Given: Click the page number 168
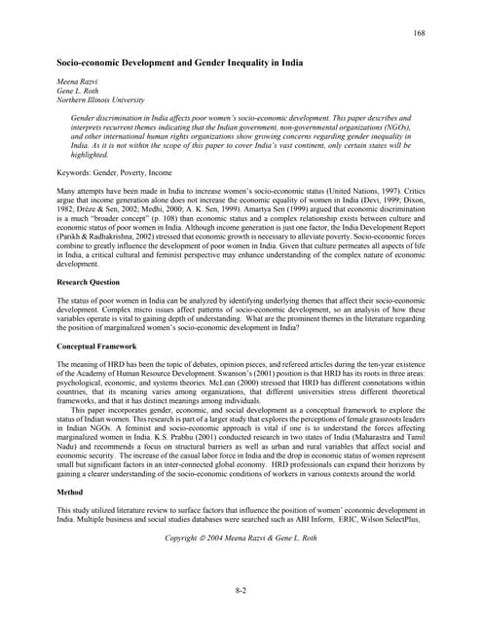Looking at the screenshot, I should point(420,34).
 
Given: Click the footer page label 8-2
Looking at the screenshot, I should point(241,590).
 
